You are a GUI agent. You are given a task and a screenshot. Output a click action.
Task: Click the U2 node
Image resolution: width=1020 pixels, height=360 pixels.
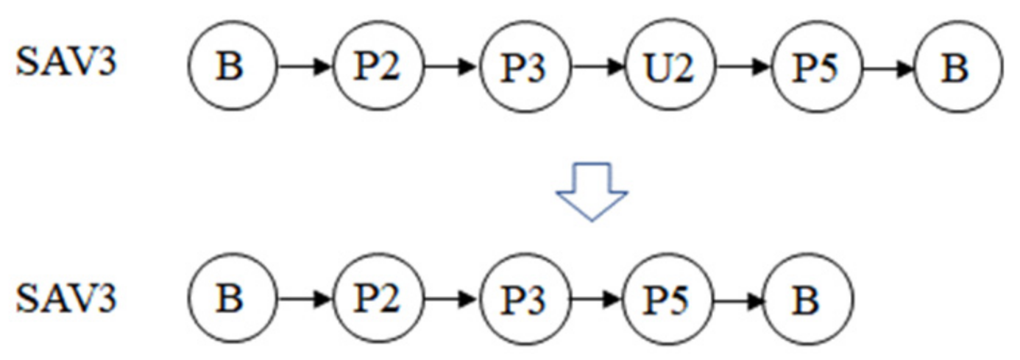coord(670,68)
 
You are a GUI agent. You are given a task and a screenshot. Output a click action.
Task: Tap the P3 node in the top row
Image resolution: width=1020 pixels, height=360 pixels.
coord(525,68)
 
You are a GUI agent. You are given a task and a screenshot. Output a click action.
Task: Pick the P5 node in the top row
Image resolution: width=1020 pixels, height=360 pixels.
coord(816,68)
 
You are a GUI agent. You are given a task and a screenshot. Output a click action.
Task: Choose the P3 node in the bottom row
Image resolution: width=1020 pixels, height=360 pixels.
coord(525,300)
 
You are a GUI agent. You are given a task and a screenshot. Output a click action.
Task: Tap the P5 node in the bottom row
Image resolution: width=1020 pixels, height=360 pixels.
coord(667,300)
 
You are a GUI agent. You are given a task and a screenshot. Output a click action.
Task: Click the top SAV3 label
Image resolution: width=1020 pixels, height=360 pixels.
coord(66,65)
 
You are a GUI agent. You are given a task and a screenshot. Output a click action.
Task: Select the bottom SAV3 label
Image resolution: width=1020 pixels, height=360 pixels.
coord(66,298)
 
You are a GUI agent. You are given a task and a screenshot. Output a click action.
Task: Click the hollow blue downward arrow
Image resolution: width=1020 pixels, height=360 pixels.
coord(593,192)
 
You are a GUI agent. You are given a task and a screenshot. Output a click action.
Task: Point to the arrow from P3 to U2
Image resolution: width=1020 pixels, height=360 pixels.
coord(598,68)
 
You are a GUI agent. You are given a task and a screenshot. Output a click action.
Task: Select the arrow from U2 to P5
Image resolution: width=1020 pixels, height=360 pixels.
coord(743,68)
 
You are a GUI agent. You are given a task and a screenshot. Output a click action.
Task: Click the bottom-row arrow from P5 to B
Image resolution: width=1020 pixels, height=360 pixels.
coord(738,300)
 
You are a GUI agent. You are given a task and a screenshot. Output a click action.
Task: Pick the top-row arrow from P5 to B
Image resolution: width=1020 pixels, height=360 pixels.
coord(888,68)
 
